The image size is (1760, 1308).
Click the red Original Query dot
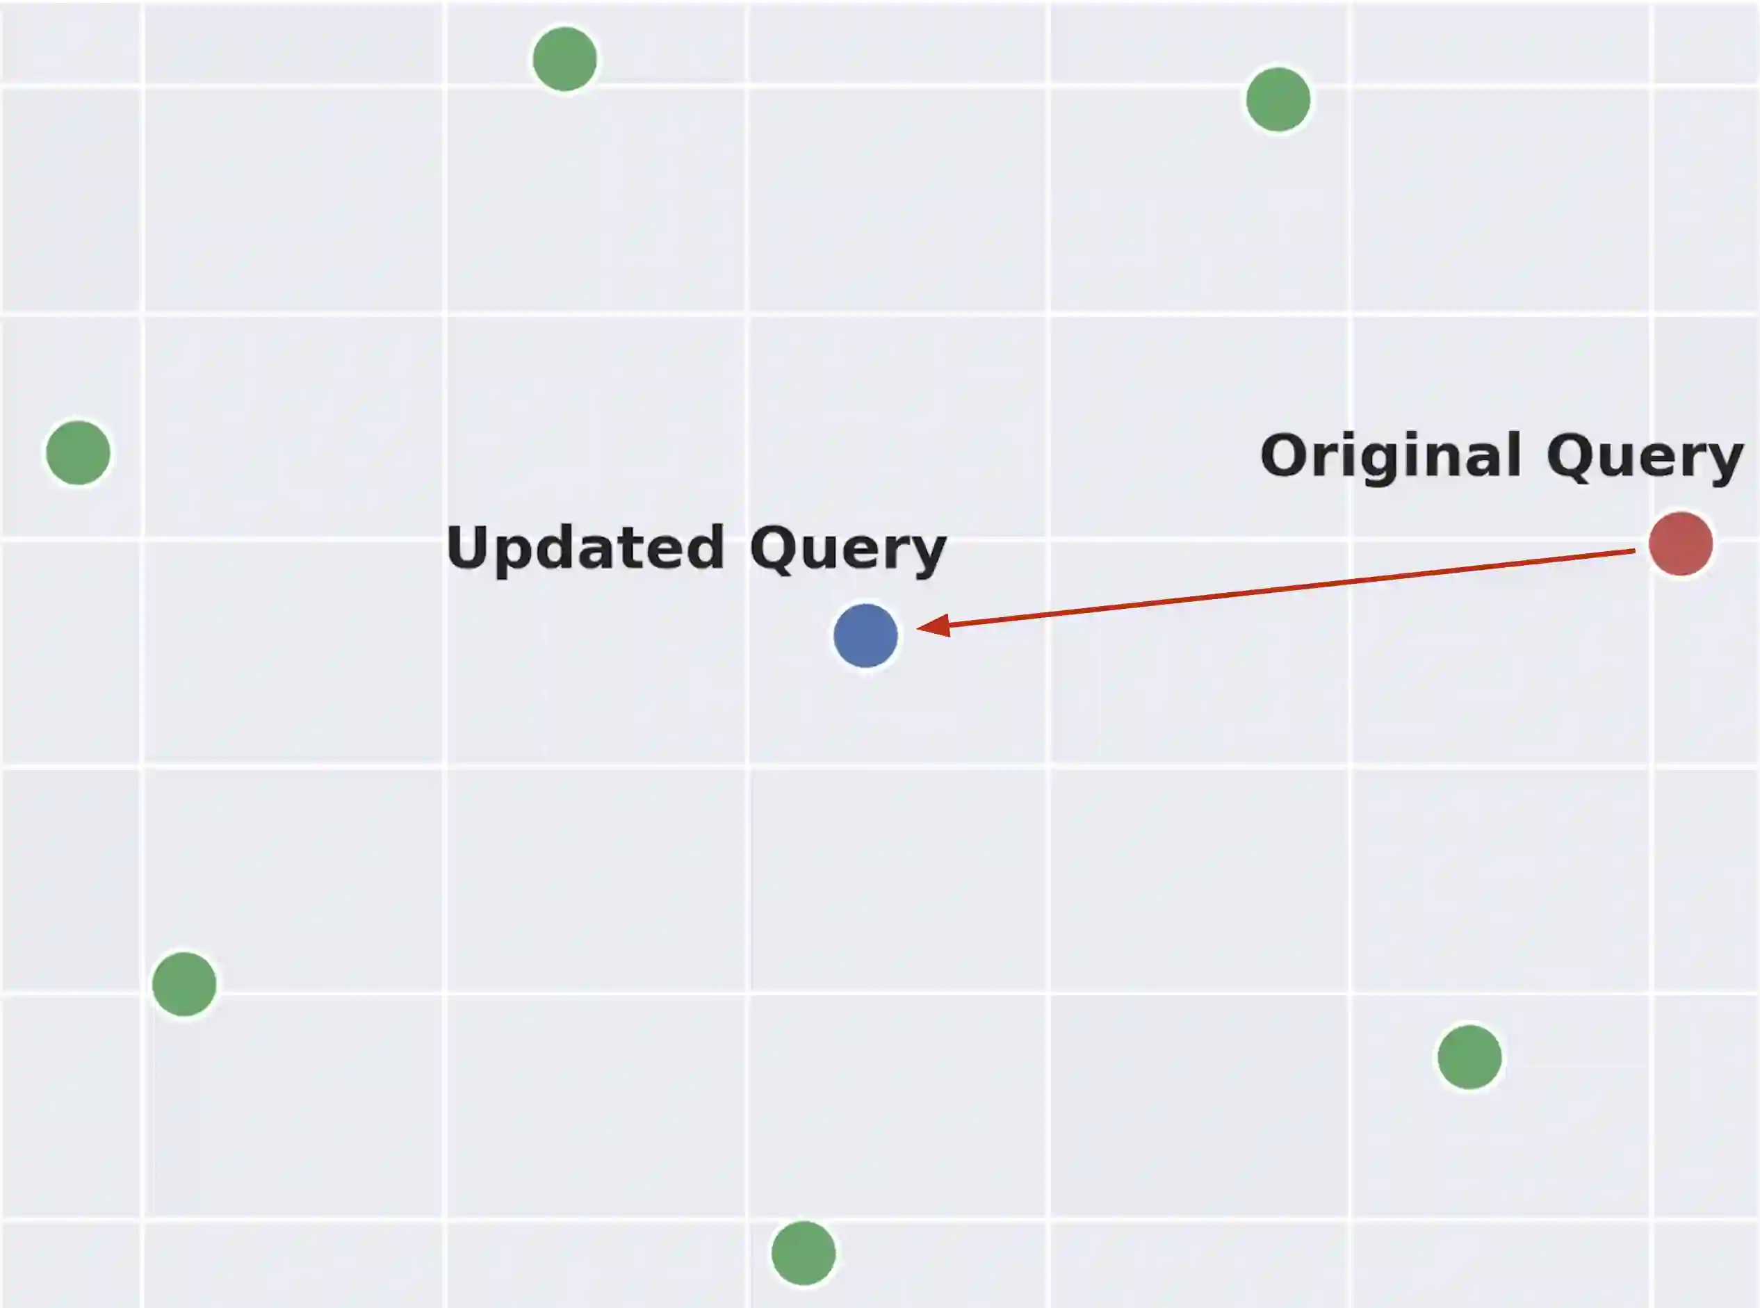pos(1680,544)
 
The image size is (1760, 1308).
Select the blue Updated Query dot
pos(865,635)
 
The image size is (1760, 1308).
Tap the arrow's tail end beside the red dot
pos(1634,551)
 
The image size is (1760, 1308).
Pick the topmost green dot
pos(564,59)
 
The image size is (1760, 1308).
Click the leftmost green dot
pos(78,453)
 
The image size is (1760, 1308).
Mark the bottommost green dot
pos(804,1252)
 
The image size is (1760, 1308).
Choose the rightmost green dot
pos(1469,1057)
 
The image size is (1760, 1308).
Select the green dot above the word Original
pos(1278,99)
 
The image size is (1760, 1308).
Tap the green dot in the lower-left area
pos(184,984)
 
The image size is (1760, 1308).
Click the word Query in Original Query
pos(1645,457)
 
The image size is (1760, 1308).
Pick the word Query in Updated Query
pos(848,548)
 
